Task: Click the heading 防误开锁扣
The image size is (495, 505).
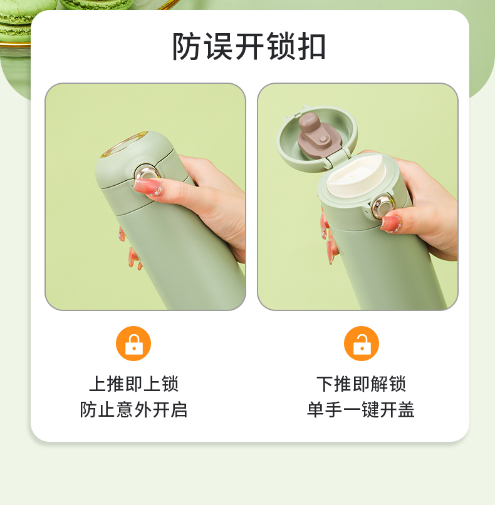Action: tap(249, 46)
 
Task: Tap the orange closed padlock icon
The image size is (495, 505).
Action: tap(133, 344)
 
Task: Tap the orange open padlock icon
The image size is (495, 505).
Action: tap(362, 344)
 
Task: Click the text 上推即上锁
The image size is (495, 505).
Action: tap(134, 384)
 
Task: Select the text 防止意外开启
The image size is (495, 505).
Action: tap(134, 409)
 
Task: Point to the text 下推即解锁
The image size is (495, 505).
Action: tap(361, 384)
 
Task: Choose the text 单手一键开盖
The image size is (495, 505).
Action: tap(361, 409)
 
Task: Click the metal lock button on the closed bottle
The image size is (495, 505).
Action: tap(147, 173)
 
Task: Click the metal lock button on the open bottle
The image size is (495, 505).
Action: tap(383, 206)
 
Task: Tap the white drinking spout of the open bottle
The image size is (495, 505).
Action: tap(357, 175)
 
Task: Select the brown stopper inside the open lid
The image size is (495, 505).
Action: tap(318, 135)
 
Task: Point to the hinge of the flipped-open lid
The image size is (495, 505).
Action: tap(337, 158)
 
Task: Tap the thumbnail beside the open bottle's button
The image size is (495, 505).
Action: tap(391, 224)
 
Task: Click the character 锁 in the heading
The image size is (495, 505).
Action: tap(280, 46)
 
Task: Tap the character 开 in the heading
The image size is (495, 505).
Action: tap(249, 46)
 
